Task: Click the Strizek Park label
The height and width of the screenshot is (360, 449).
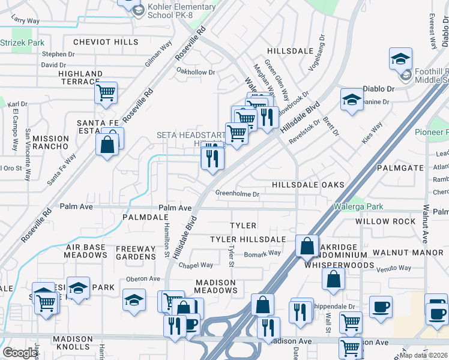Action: [22, 43]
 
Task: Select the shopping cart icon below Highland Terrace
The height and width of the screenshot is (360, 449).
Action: [106, 93]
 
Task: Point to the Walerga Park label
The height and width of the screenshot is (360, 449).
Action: [360, 207]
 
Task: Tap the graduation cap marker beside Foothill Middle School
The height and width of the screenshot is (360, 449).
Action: [400, 59]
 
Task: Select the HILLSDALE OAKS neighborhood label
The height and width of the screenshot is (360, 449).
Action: [309, 185]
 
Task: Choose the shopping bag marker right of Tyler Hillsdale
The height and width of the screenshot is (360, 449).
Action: [307, 245]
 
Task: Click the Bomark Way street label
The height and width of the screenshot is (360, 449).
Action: [262, 253]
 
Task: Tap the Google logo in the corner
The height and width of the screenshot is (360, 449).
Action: [20, 353]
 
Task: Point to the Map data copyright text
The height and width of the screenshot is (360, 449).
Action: [424, 355]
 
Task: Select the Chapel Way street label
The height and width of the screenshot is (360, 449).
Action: [196, 265]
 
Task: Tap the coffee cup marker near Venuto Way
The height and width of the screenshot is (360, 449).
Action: [380, 307]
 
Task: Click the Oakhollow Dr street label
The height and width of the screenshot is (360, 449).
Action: [195, 72]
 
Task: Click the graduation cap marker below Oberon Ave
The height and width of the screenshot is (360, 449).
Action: [134, 299]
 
